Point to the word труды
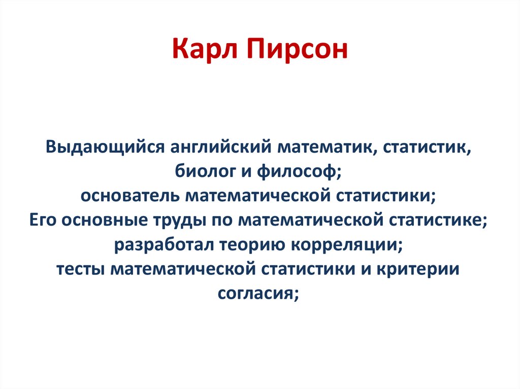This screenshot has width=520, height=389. [x=173, y=221]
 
